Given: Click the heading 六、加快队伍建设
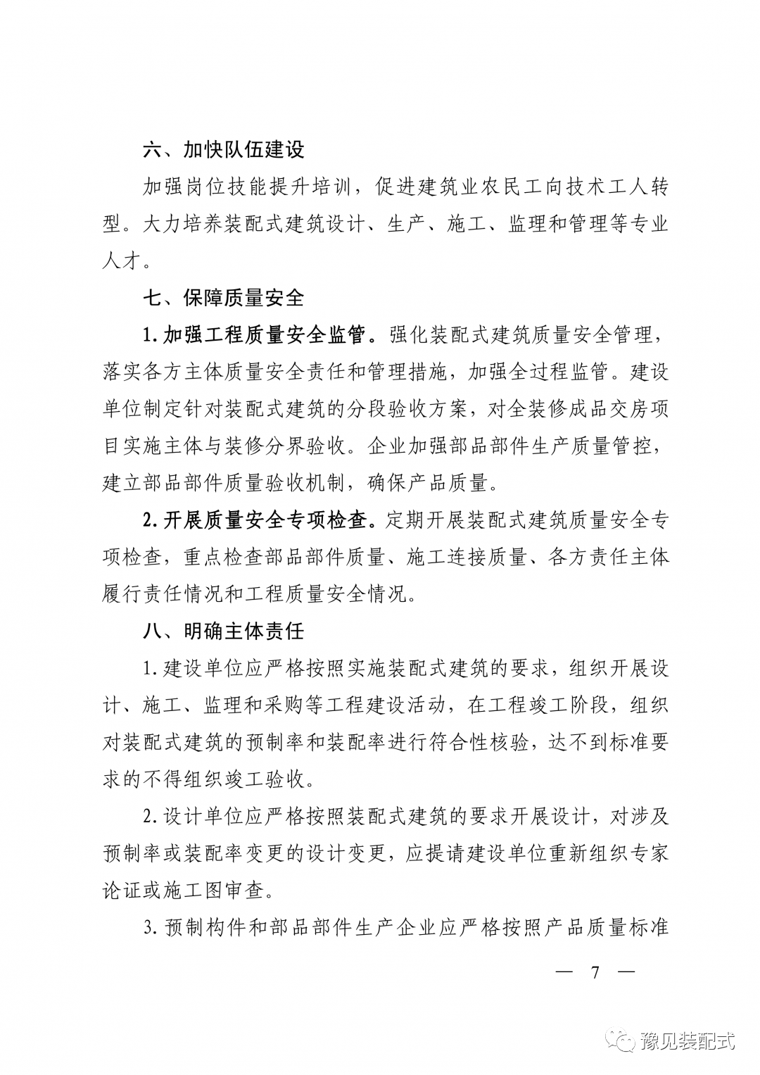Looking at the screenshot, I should click(x=223, y=150).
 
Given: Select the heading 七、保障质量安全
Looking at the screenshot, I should click(x=223, y=297).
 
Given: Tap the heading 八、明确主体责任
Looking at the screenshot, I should click(x=223, y=630).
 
